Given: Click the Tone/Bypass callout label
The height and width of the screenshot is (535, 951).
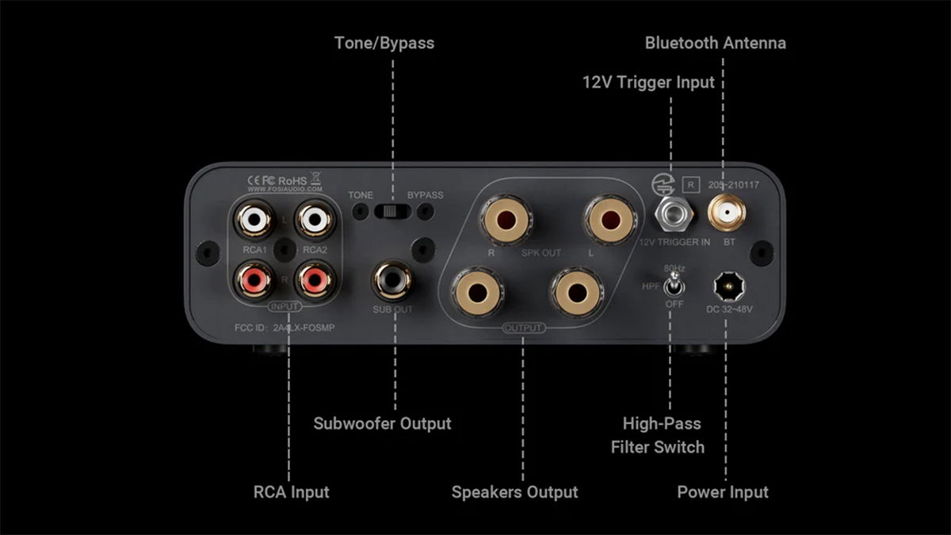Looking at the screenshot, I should [384, 43].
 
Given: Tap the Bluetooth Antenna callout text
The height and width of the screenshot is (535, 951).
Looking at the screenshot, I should [715, 43].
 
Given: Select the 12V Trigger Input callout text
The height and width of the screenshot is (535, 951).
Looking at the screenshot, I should [648, 82].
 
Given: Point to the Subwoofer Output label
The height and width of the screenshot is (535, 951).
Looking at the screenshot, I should [382, 423].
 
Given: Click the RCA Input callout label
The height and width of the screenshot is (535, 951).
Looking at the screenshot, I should [291, 492].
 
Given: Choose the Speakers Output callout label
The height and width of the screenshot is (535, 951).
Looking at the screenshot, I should [514, 492].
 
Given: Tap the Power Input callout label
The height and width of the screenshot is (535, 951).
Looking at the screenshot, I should [722, 492].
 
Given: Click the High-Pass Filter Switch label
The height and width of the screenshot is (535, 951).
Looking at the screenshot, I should [657, 435].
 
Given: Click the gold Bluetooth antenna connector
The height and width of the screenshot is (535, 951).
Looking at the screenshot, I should [723, 213].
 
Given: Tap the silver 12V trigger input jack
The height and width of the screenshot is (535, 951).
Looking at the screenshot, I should [670, 213].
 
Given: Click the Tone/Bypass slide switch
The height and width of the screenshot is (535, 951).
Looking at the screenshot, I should [392, 211].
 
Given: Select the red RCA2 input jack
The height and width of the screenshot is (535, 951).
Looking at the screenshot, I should [311, 278].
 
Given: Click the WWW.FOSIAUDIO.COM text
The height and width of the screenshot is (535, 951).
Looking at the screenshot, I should [285, 190].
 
